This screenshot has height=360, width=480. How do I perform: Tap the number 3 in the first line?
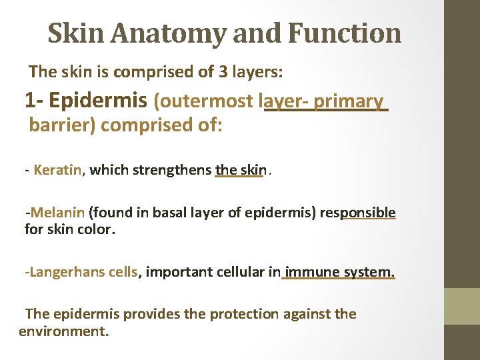point(225,71)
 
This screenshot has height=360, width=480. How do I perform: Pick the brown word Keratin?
point(57,170)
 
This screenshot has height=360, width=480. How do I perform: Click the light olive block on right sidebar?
point(462,306)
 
